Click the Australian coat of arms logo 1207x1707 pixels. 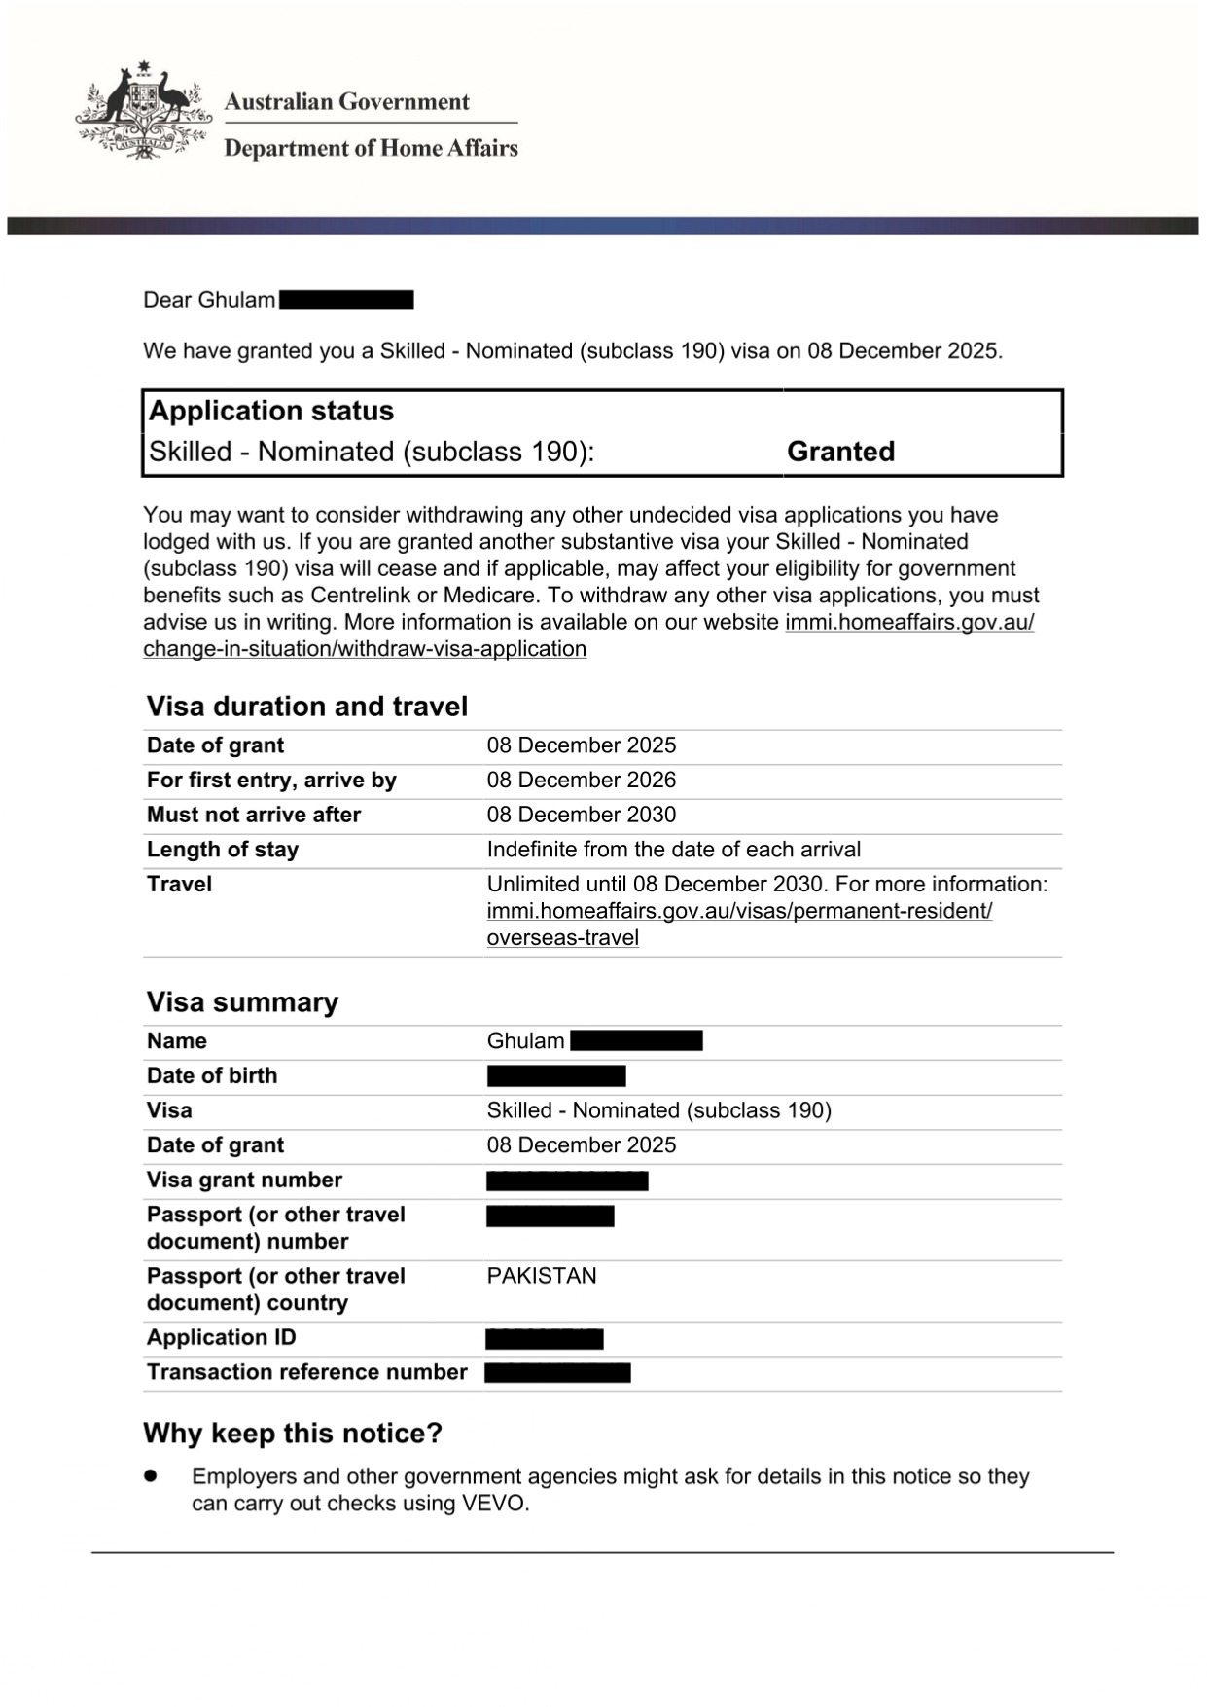click(143, 111)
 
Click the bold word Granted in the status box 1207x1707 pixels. click(840, 452)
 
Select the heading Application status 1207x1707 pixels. click(270, 411)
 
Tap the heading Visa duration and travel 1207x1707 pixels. click(306, 707)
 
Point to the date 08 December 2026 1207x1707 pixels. click(581, 781)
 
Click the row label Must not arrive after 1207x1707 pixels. click(253, 815)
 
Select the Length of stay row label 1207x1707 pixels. click(222, 850)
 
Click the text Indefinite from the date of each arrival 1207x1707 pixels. click(673, 850)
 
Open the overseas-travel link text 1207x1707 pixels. click(562, 938)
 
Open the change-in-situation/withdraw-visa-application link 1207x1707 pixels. click(365, 649)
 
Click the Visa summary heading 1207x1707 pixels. click(242, 1002)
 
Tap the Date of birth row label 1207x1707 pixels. click(211, 1075)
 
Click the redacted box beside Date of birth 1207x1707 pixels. click(555, 1075)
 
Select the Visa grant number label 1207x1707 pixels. click(244, 1180)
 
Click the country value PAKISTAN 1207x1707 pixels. click(541, 1276)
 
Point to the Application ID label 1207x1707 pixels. click(221, 1337)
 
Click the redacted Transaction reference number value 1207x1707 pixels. click(557, 1373)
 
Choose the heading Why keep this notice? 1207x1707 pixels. click(292, 1434)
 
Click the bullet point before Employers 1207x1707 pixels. click(151, 1476)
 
